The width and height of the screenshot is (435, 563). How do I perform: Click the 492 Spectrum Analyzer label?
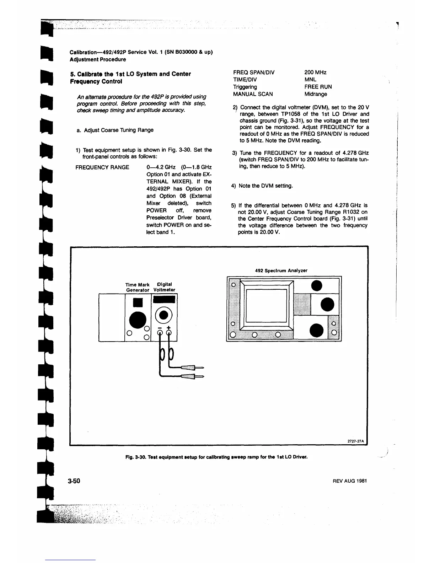pyautogui.click(x=281, y=270)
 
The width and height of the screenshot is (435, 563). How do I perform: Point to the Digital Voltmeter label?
pyautogui.click(x=164, y=287)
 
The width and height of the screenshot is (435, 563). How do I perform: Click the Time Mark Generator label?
pyautogui.click(x=138, y=287)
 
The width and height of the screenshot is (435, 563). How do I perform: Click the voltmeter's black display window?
pyautogui.click(x=164, y=300)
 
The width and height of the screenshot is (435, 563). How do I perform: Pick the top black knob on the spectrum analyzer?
pyautogui.click(x=317, y=286)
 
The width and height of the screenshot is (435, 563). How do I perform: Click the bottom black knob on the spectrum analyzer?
pyautogui.click(x=317, y=330)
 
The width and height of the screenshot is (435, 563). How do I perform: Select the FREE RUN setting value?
pyautogui.click(x=318, y=87)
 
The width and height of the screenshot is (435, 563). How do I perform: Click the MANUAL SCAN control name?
pyautogui.click(x=253, y=94)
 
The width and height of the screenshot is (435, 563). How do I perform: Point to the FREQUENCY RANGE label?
pyautogui.click(x=102, y=167)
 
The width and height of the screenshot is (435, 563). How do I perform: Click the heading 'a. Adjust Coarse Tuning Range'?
pyautogui.click(x=115, y=130)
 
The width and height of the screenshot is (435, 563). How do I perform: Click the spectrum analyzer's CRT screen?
pyautogui.click(x=266, y=305)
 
